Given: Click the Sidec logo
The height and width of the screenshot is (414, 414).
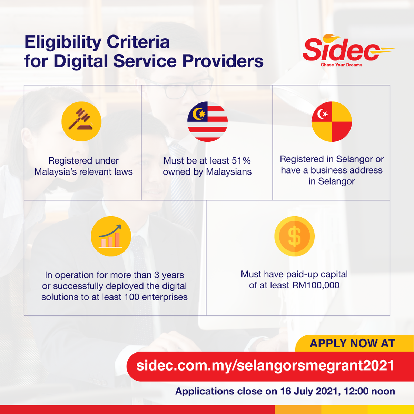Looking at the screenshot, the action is click(x=348, y=51).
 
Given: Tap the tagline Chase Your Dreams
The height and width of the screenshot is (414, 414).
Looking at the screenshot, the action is click(x=342, y=65).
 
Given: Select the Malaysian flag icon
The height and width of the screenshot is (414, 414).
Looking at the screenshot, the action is click(x=207, y=121).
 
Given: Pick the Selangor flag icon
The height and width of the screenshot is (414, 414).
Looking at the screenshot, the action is click(x=332, y=121).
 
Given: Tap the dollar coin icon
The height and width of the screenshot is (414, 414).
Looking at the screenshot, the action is click(x=294, y=236).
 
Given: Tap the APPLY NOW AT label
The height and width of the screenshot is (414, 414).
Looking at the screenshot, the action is click(x=352, y=343).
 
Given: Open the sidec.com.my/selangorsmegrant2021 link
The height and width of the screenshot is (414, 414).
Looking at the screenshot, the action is click(x=265, y=365).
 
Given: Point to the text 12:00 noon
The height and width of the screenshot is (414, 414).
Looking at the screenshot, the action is click(x=369, y=391).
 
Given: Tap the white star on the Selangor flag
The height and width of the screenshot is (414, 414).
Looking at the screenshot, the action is click(x=326, y=114).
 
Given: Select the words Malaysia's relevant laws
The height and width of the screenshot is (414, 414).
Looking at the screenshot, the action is click(x=83, y=172).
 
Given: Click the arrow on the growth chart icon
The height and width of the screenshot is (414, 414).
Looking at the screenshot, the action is click(x=110, y=230).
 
